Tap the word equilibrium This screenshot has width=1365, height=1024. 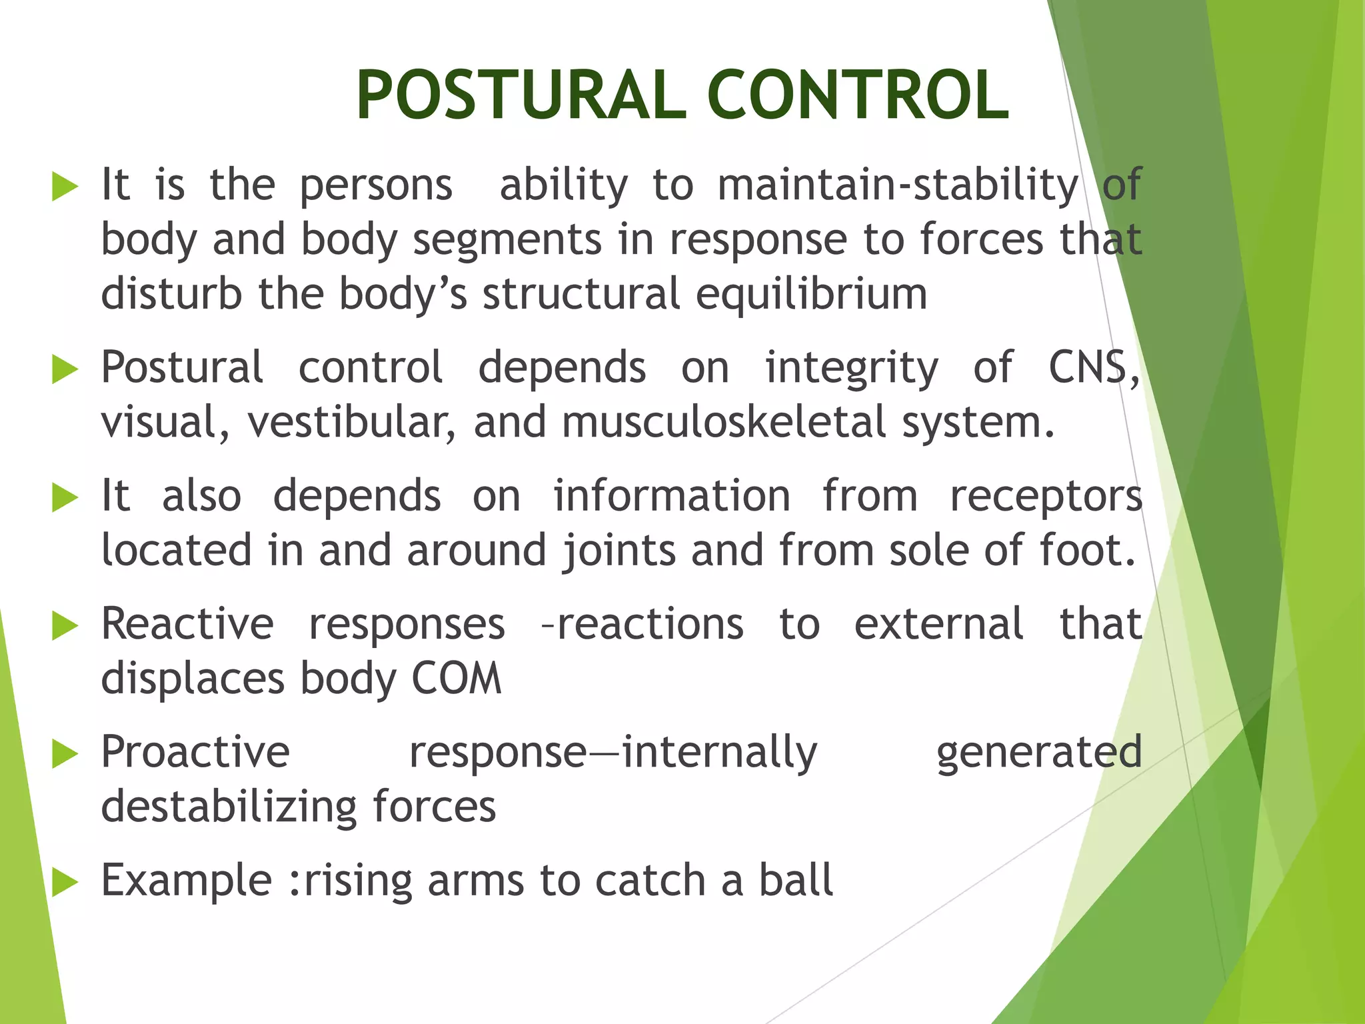point(811,294)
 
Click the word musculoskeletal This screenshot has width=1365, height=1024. point(724,422)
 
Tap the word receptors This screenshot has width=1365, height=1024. point(1046,497)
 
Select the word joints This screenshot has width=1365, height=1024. point(619,551)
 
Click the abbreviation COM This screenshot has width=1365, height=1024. point(456,679)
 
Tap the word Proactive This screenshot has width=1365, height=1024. point(195,752)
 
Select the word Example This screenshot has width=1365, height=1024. point(187,881)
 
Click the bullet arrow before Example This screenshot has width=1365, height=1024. point(65,883)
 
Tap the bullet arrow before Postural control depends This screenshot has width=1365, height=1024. point(65,369)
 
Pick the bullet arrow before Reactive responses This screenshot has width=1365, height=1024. point(65,626)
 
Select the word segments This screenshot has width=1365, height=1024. point(507,239)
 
